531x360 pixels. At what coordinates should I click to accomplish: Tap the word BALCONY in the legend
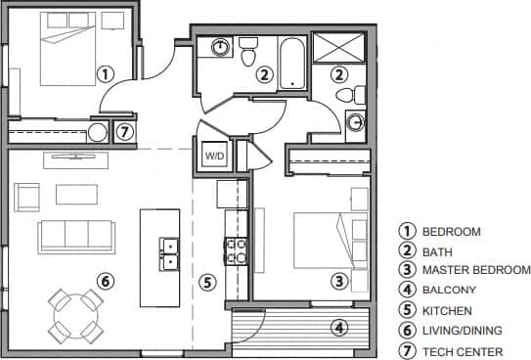click(x=449, y=290)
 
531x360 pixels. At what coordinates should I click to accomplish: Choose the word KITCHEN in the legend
click(x=448, y=310)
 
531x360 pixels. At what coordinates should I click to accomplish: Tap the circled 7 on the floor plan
click(x=124, y=132)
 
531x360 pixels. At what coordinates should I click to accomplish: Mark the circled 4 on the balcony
click(x=339, y=328)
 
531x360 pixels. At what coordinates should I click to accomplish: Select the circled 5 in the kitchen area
click(x=206, y=283)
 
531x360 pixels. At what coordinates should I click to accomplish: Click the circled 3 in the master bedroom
click(x=338, y=282)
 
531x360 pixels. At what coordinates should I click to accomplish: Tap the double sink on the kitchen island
click(x=169, y=252)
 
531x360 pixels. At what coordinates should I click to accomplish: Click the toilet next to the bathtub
click(x=248, y=51)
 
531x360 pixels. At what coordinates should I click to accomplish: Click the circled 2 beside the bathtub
click(x=264, y=73)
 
